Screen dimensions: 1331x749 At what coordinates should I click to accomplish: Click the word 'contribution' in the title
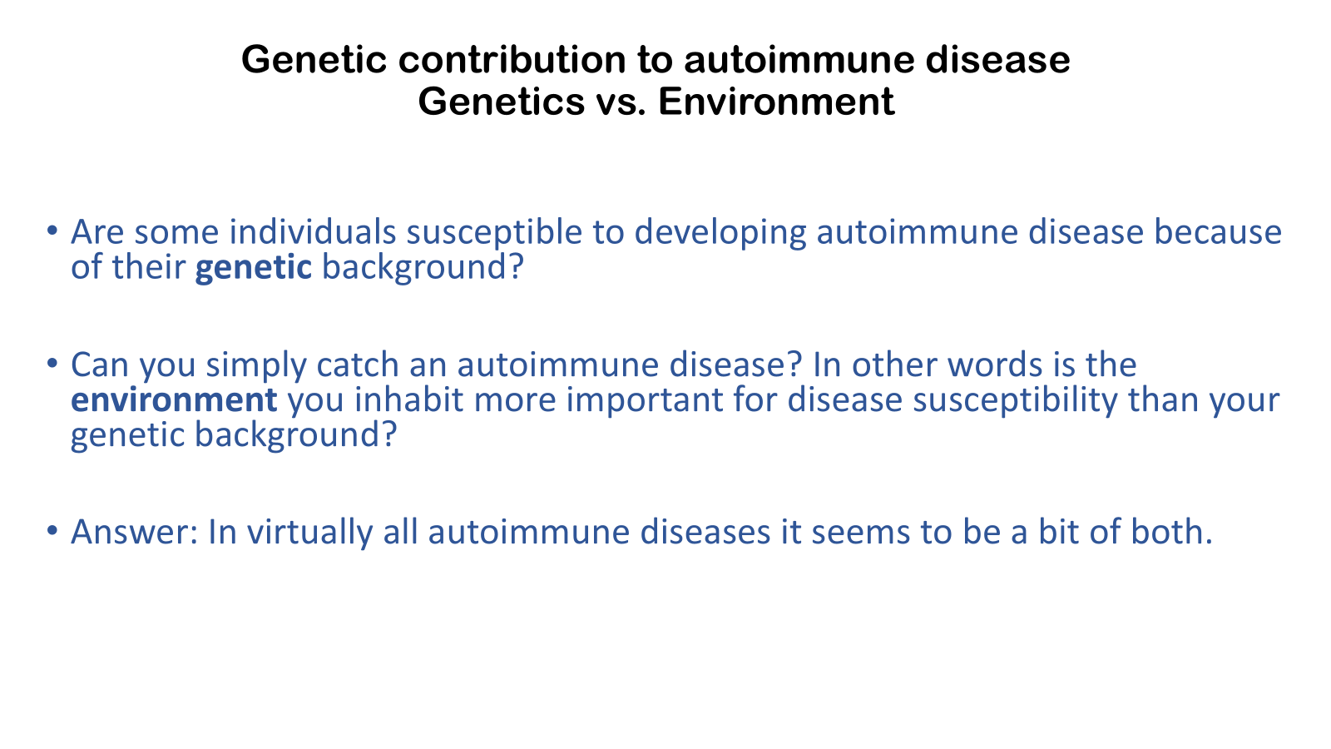tap(512, 59)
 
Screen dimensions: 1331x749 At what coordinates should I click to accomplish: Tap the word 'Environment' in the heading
tap(776, 101)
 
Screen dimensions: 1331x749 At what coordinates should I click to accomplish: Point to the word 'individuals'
tap(313, 231)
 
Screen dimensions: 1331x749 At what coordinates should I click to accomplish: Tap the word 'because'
tap(1218, 231)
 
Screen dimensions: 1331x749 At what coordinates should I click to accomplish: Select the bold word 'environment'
tap(174, 399)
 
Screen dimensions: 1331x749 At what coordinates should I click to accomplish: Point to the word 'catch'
tap(358, 364)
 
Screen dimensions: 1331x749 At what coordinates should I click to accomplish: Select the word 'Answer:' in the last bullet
tap(134, 532)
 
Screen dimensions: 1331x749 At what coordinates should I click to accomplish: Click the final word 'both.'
tap(1171, 531)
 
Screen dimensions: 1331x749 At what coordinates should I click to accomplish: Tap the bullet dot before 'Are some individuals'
tap(52, 230)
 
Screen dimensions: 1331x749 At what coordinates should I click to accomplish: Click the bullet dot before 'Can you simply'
tap(52, 363)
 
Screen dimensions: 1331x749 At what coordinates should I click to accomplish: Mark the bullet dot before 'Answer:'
tap(52, 529)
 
